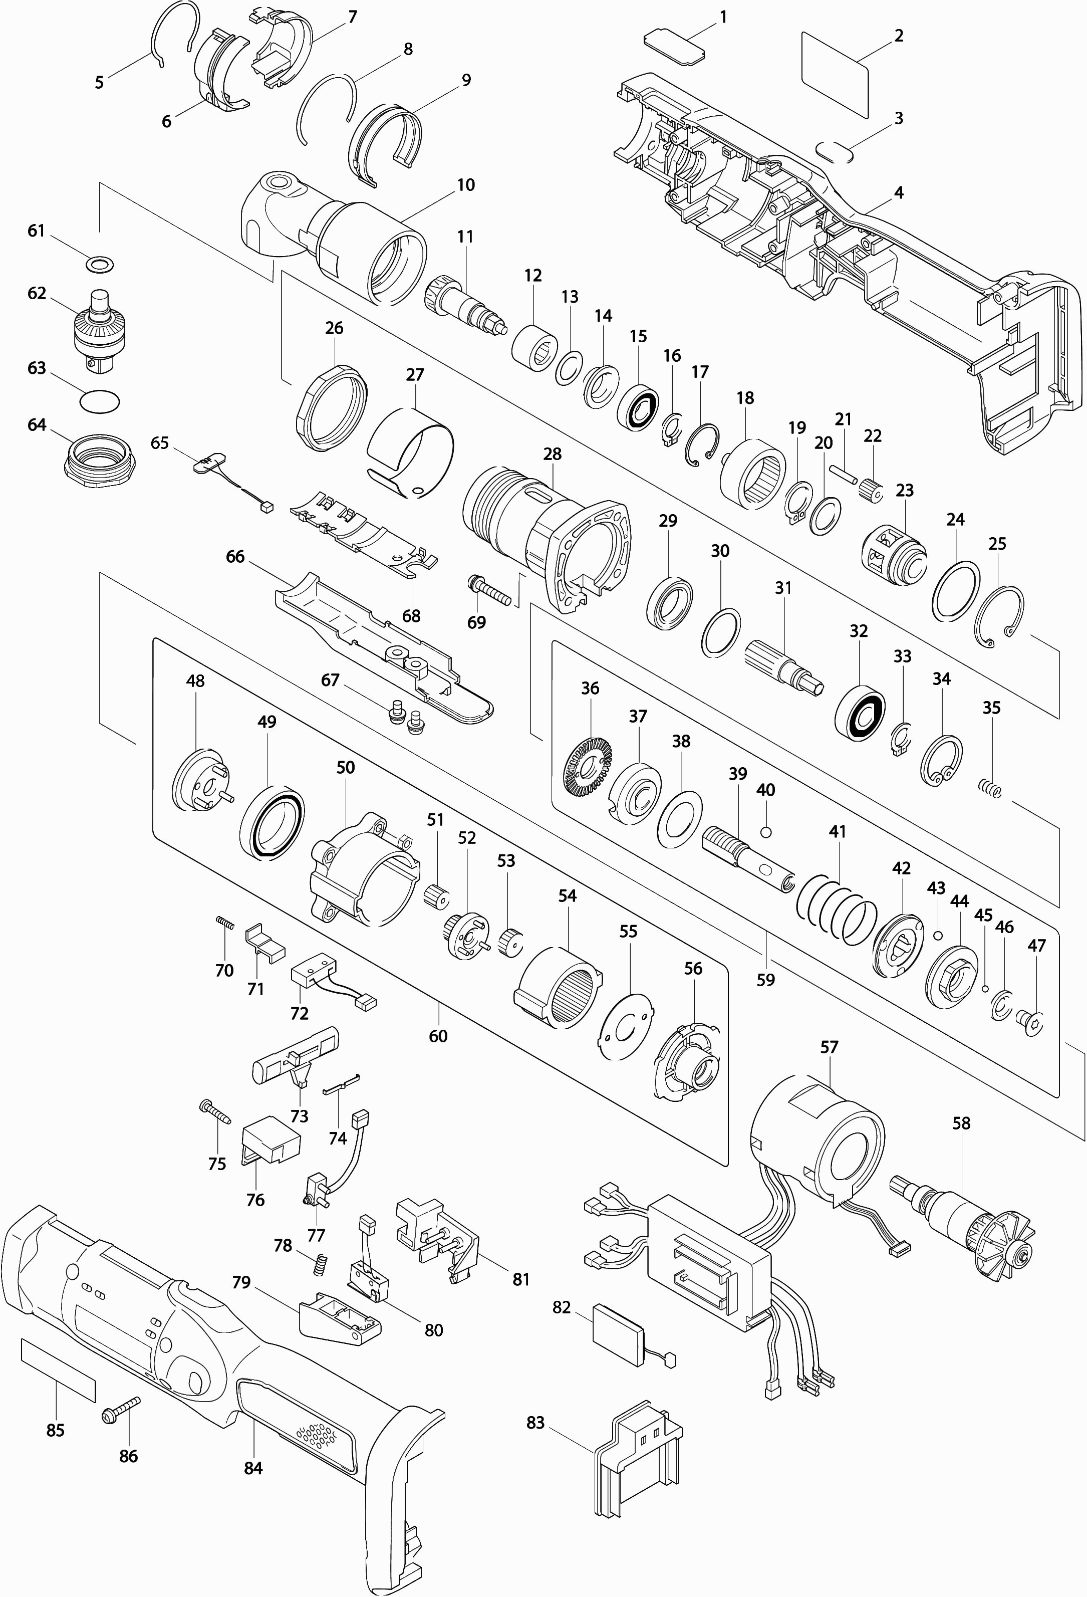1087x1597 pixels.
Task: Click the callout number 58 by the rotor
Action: pyautogui.click(x=961, y=1123)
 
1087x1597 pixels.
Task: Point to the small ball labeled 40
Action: pyautogui.click(x=767, y=832)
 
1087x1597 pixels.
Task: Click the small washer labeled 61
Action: pyautogui.click(x=100, y=264)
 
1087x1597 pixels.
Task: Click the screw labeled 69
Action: pyautogui.click(x=490, y=590)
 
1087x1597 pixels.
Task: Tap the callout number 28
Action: pyautogui.click(x=552, y=453)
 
